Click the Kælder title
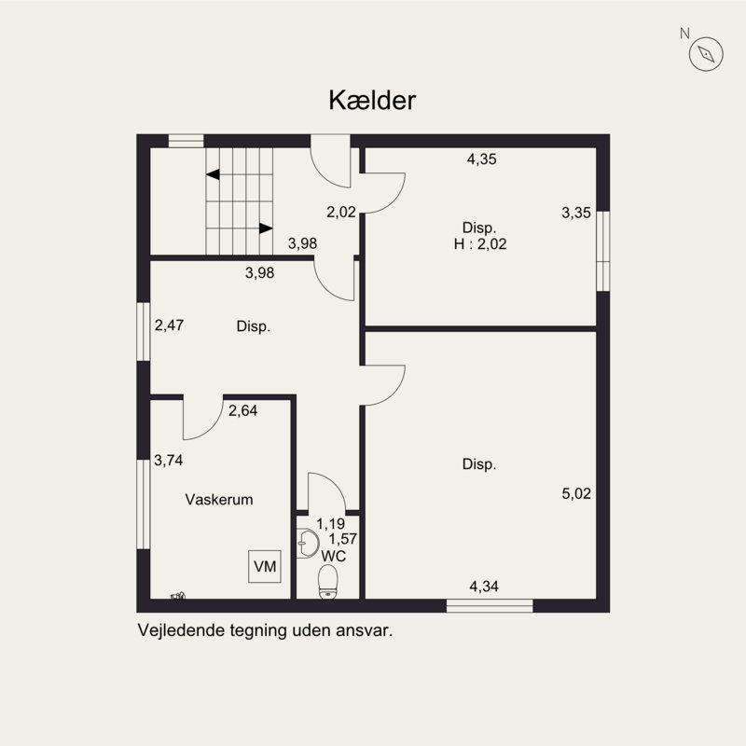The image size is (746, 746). [372, 101]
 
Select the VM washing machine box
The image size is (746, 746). [265, 565]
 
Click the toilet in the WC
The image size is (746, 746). [327, 580]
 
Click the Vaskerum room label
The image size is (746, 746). [219, 500]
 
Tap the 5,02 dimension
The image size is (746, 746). [576, 493]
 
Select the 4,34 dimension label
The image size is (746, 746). [484, 587]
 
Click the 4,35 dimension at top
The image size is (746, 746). [481, 159]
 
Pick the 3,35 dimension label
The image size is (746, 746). [576, 213]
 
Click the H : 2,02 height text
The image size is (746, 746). [478, 244]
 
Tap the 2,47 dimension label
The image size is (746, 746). [170, 325]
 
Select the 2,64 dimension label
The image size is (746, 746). [243, 408]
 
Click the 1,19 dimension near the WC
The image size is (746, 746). [331, 524]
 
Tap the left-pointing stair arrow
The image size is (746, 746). [213, 174]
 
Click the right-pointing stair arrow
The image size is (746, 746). [266, 228]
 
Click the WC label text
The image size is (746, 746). [333, 556]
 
